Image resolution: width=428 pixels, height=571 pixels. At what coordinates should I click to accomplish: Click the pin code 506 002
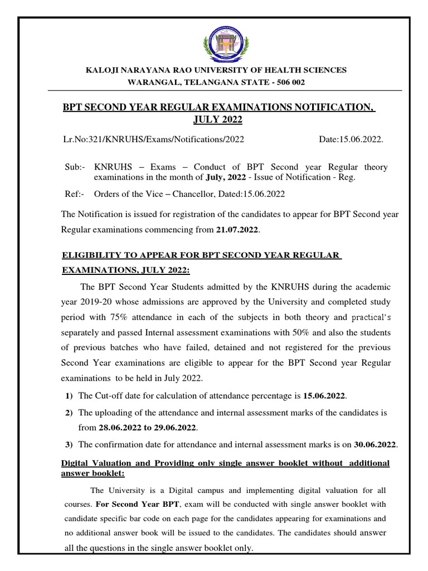pos(288,81)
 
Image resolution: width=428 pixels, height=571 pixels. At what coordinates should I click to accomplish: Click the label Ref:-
pos(75,194)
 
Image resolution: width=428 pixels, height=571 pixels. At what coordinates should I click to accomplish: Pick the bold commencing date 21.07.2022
pos(237,229)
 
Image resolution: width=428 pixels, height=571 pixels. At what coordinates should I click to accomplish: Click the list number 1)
pos(69,396)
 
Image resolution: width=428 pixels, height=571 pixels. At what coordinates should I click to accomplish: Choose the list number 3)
pos(69,444)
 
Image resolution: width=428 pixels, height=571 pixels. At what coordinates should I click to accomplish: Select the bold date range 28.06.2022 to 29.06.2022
pos(148,428)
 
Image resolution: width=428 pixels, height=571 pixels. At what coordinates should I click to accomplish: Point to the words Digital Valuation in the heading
pos(92,464)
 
